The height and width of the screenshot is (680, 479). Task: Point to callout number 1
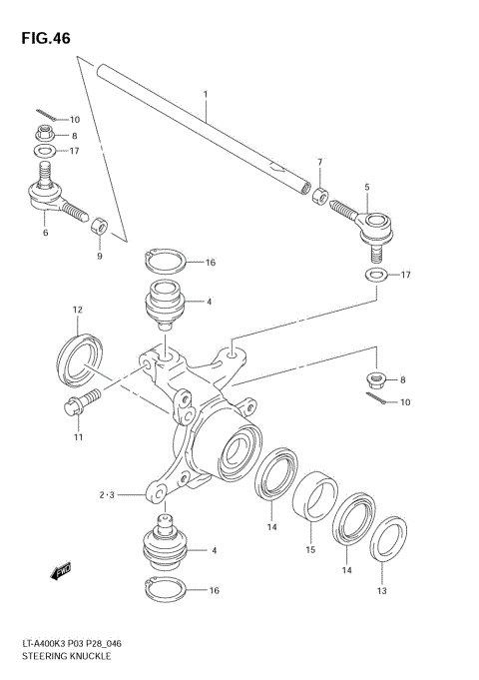tap(205, 97)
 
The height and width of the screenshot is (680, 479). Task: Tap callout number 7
tap(319, 162)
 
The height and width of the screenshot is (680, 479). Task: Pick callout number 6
tap(44, 233)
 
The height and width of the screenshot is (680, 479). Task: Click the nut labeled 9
tap(99, 226)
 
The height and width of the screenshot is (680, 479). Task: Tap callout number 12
tap(76, 311)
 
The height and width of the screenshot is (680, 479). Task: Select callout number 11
tap(77, 437)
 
